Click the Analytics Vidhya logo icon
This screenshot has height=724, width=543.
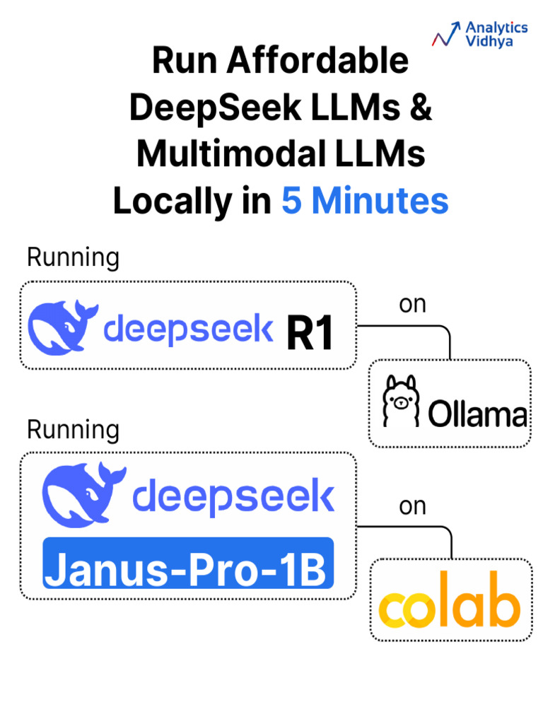point(446,33)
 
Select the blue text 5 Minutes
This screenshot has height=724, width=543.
point(365,201)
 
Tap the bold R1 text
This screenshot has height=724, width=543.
point(310,333)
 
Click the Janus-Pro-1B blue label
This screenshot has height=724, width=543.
point(188,564)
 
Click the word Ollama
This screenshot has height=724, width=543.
point(478,414)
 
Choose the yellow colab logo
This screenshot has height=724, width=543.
point(450,604)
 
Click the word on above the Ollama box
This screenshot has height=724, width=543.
point(413,305)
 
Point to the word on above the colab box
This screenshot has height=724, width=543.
point(413,506)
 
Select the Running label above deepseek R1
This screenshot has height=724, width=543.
point(73,258)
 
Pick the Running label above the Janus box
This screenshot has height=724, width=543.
point(73,429)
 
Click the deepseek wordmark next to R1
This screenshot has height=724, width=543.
point(188,330)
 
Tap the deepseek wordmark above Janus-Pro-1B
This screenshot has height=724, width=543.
point(233,497)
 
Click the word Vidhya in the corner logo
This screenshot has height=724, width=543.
point(489,41)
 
